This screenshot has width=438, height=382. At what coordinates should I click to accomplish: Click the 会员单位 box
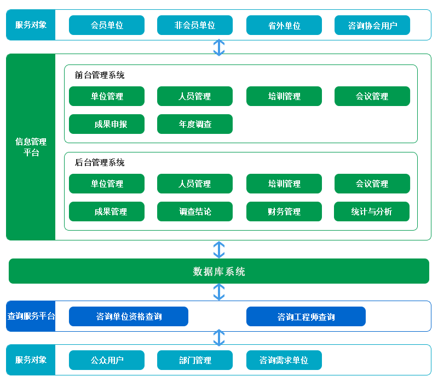[x=107, y=25]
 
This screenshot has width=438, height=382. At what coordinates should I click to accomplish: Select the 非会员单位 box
[x=195, y=25]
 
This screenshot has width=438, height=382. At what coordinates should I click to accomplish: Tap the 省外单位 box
[x=284, y=25]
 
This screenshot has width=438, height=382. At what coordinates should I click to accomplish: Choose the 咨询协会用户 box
[x=372, y=25]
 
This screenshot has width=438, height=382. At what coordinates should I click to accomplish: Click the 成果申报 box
[x=107, y=124]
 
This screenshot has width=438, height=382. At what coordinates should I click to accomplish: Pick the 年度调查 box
[x=195, y=124]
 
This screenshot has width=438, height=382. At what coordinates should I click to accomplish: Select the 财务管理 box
[x=284, y=211]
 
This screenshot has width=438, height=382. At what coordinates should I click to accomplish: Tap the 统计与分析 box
[x=372, y=211]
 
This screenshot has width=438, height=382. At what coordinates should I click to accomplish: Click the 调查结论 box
[x=195, y=211]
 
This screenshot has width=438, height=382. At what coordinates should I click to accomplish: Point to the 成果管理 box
[x=107, y=211]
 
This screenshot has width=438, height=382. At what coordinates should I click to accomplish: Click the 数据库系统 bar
[x=219, y=271]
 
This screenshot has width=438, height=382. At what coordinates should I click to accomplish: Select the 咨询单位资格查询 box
[x=129, y=316]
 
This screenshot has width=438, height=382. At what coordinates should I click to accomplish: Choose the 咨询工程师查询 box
[x=306, y=316]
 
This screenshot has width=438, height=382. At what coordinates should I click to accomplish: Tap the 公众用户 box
[x=107, y=360]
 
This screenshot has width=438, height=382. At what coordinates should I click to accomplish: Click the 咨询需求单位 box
[x=284, y=360]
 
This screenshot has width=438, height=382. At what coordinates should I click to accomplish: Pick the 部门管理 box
[x=195, y=360]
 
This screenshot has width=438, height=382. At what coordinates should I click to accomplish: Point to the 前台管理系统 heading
[x=100, y=75]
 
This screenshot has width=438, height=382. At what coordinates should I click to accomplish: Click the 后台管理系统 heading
[x=100, y=162]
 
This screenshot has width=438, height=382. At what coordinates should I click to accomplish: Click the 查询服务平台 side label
[x=31, y=316]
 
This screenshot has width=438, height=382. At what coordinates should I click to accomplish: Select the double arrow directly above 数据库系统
[x=219, y=250]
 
